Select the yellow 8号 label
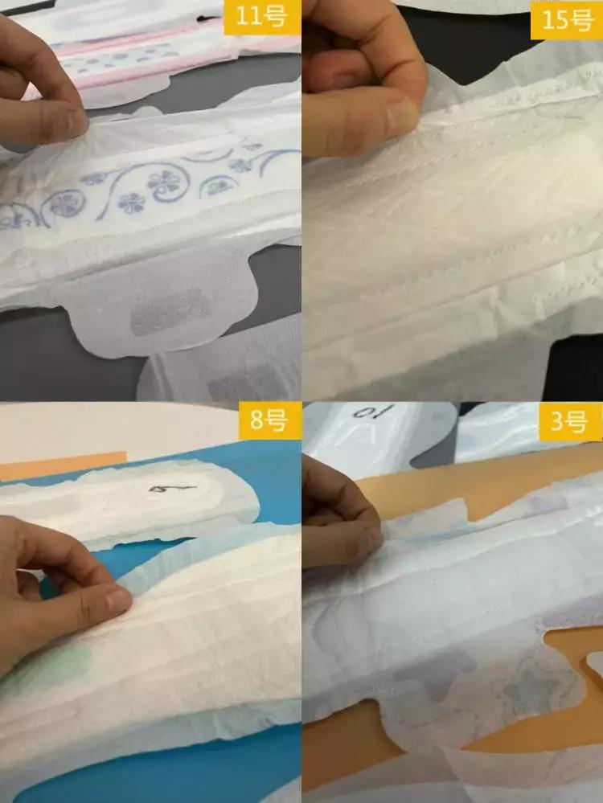(268, 420)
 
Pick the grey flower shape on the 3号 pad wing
(523, 691)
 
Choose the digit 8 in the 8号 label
(257, 420)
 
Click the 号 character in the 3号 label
(576, 421)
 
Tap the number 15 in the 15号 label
(555, 18)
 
